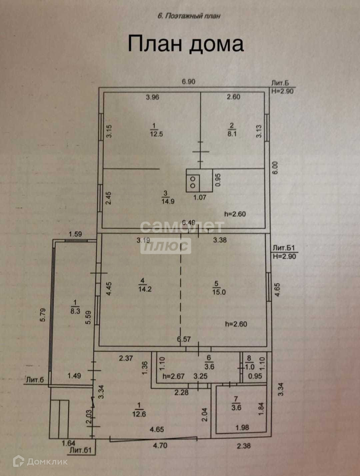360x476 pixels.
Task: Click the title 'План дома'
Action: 186,44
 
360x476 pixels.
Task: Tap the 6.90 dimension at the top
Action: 188,82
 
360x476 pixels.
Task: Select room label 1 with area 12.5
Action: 154,130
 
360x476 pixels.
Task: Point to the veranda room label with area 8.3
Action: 75,307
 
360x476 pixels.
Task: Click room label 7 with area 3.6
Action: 236,404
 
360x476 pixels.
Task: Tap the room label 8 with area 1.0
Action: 249,363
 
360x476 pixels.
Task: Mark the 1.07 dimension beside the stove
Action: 200,197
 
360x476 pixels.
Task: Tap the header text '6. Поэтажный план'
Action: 189,16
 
